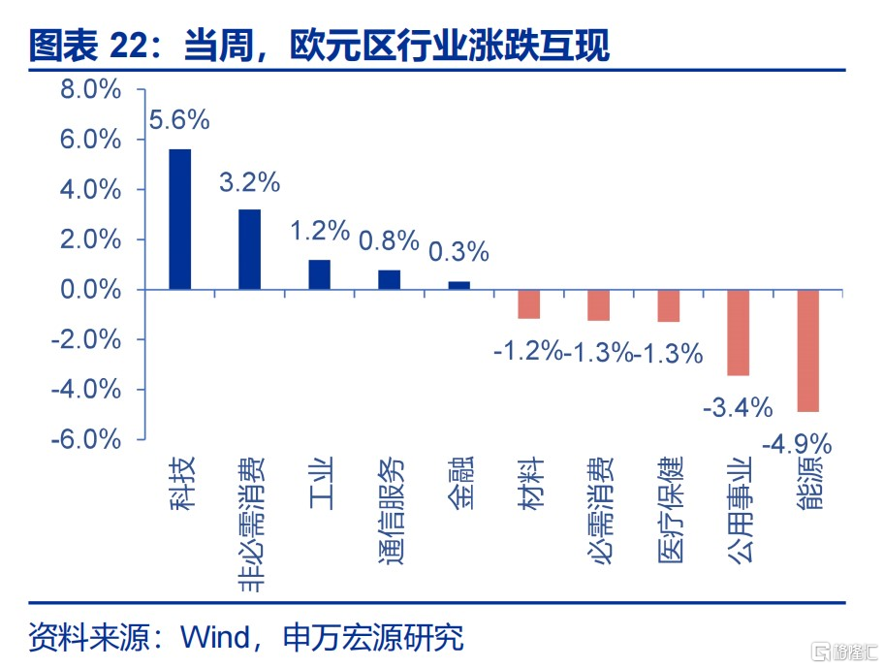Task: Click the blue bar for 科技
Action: click(180, 219)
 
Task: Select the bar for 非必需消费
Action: click(250, 250)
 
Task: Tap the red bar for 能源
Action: click(807, 351)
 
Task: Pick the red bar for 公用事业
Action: click(738, 333)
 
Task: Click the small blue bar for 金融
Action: click(459, 286)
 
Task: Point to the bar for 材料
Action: click(529, 304)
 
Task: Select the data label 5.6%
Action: click(179, 120)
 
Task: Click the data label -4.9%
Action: click(797, 444)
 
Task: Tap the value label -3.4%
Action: click(738, 407)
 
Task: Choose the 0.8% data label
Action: click(389, 240)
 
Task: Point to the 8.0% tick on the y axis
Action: click(91, 89)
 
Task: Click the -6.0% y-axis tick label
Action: click(86, 439)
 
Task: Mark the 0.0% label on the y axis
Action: click(91, 290)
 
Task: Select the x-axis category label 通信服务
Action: click(390, 510)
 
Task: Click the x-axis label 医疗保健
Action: click(670, 510)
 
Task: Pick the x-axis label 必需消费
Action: click(600, 510)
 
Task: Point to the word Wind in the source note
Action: click(215, 638)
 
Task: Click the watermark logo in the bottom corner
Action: click(844, 652)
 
